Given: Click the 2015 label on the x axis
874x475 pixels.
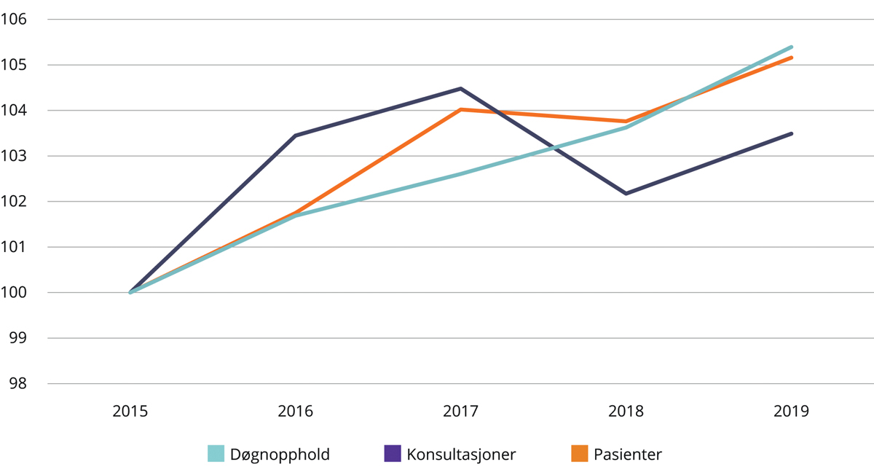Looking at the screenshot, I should [x=130, y=412].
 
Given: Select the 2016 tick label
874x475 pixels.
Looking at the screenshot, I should [x=295, y=412].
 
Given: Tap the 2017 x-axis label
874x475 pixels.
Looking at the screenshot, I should [x=460, y=412].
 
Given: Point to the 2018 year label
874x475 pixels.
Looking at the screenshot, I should [x=626, y=412].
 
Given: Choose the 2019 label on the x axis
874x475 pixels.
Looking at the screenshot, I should [x=791, y=412].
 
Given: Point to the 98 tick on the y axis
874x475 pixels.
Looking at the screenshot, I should [x=17, y=384].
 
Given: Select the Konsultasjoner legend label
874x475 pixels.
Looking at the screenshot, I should [x=461, y=455].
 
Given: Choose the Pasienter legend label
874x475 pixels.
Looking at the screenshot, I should [x=627, y=455].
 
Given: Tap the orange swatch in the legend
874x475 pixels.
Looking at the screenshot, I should [x=579, y=454].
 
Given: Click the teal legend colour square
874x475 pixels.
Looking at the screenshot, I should [x=216, y=454].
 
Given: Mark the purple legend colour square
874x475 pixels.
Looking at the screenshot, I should [x=393, y=454].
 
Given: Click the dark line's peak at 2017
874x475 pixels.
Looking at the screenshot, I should [x=460, y=89].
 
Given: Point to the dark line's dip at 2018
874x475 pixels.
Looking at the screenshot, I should [x=626, y=194].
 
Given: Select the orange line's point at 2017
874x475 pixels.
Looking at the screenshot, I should [x=460, y=109].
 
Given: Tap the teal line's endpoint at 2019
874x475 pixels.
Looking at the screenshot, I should [x=791, y=47].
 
